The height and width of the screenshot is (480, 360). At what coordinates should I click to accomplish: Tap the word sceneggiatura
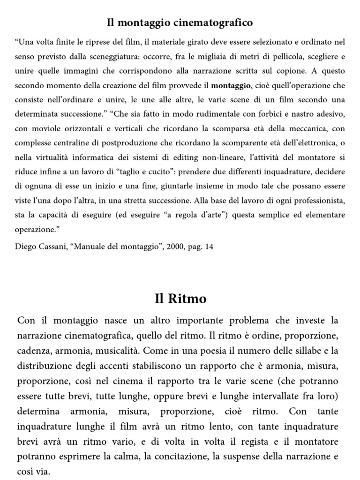[113, 57]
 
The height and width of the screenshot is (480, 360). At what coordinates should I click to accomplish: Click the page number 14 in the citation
[209, 246]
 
